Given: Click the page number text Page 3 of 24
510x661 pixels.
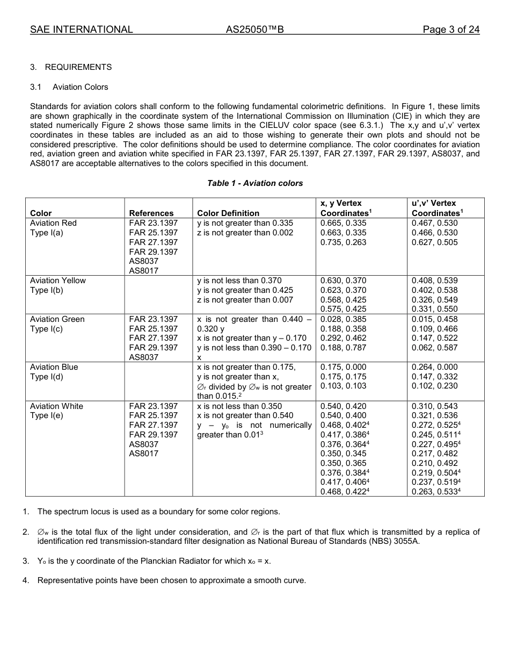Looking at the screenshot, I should pos(451,30).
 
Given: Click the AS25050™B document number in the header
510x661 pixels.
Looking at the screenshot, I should pos(254,30).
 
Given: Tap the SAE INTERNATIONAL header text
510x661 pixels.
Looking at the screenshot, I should pos(82,30).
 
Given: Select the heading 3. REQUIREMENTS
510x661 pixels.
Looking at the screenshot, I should pos(71,67).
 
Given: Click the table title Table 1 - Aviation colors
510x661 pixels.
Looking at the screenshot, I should pos(255,183).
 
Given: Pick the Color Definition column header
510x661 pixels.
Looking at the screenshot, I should pos(228,213).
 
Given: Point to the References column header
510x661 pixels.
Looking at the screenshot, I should pos(151,213).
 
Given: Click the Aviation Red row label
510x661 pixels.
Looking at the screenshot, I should pos(53,223).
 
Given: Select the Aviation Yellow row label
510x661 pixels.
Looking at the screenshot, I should pos(57,281).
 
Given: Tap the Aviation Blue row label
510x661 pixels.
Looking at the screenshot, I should pos(54,367).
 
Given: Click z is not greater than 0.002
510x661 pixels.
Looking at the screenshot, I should pos(245,233).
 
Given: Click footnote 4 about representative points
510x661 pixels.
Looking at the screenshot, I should pos(171,580).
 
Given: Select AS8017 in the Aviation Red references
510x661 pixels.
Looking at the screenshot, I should pos(144,271).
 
